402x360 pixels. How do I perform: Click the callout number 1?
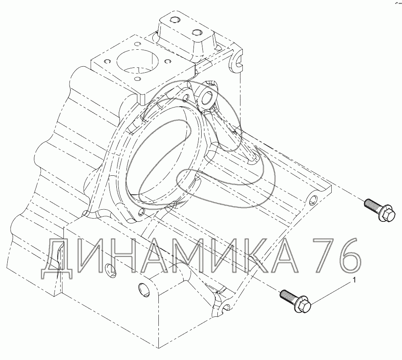tap(355, 280)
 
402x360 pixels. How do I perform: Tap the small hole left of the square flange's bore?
tap(107, 61)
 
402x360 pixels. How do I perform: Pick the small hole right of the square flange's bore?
tap(168, 61)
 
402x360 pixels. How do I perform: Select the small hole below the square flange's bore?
tap(138, 78)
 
